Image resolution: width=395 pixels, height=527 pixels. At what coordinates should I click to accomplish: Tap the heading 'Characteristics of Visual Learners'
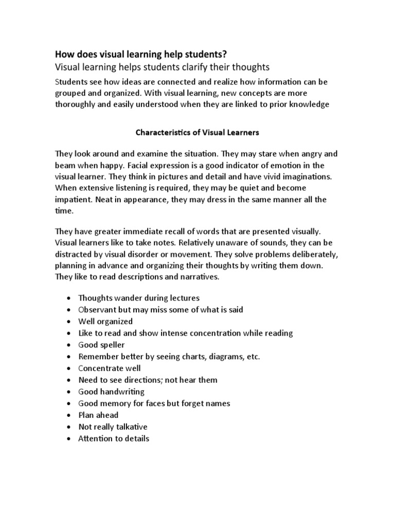point(197,132)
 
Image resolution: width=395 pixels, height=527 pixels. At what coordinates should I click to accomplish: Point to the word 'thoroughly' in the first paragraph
point(76,105)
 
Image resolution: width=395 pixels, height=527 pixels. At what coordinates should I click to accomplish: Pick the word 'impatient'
point(74,199)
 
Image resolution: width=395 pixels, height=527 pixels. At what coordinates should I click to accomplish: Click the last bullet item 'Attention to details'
point(114,438)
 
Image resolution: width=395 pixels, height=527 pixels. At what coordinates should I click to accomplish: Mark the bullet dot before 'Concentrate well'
point(69,368)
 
